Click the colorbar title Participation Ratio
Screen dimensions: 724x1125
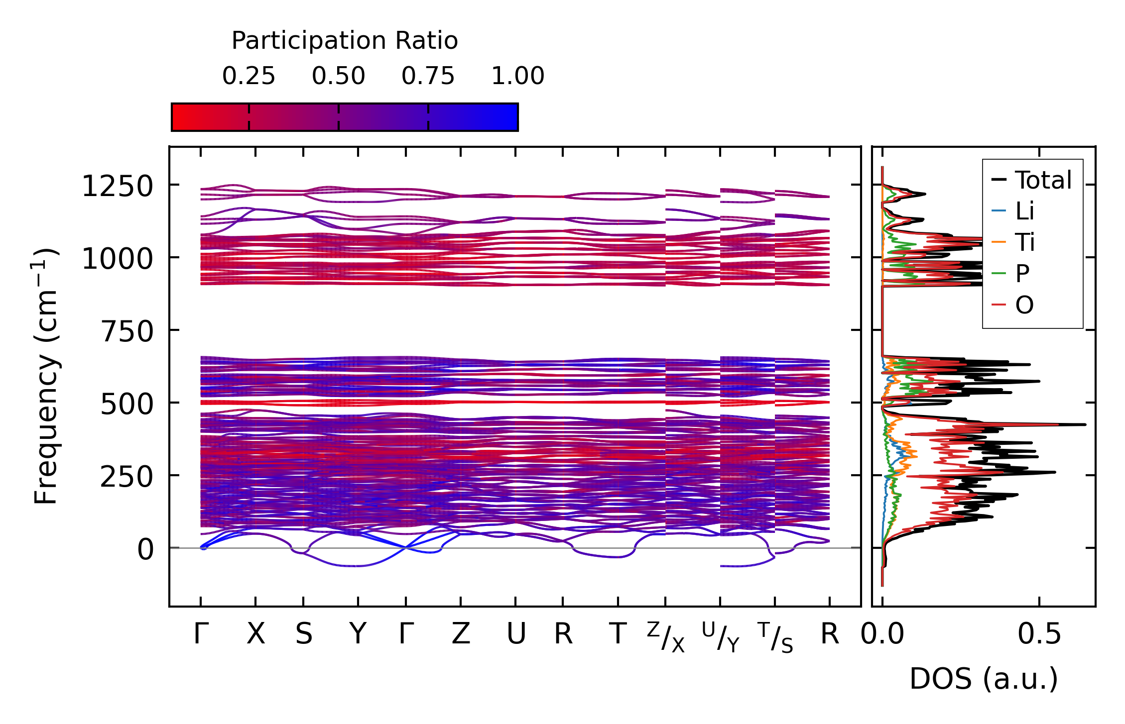click(345, 41)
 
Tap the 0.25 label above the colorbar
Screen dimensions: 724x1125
click(249, 76)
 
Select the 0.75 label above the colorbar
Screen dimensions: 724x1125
click(428, 76)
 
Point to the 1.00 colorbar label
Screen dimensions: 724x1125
click(517, 76)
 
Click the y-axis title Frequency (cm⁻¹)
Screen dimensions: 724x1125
click(46, 376)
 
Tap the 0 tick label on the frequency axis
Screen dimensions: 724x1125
click(145, 550)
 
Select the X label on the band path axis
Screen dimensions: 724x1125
click(255, 634)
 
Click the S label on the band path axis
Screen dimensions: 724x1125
click(304, 634)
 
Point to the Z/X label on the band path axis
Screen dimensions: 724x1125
click(666, 637)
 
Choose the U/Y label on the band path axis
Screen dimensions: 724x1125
click(720, 637)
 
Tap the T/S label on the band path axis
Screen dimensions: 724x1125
click(775, 637)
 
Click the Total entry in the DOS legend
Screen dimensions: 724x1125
click(1043, 180)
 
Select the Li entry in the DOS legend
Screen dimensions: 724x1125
click(1024, 211)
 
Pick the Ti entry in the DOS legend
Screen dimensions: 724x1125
click(1025, 243)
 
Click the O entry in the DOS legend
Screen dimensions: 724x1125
click(1024, 305)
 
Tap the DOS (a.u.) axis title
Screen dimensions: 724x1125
click(984, 679)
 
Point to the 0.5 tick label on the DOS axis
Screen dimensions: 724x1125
click(1039, 634)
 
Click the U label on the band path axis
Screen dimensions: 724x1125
click(516, 634)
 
